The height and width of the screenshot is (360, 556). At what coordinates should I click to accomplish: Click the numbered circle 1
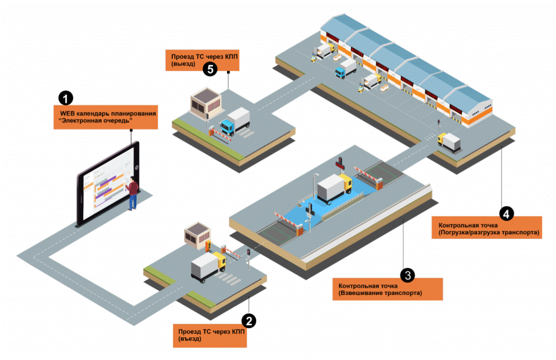point(66,98)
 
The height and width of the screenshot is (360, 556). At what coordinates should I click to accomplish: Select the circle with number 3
point(408,275)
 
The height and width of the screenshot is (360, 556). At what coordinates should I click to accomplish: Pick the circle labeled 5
point(210,69)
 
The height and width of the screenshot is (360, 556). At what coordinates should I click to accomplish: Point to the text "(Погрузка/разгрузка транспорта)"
point(485,232)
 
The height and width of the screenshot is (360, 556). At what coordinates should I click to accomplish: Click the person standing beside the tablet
point(132,193)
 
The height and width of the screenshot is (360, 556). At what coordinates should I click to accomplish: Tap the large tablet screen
point(106,182)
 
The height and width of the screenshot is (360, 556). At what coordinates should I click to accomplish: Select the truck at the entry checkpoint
point(207,269)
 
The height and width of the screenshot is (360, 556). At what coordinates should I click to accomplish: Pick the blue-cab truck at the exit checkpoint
point(235,122)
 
